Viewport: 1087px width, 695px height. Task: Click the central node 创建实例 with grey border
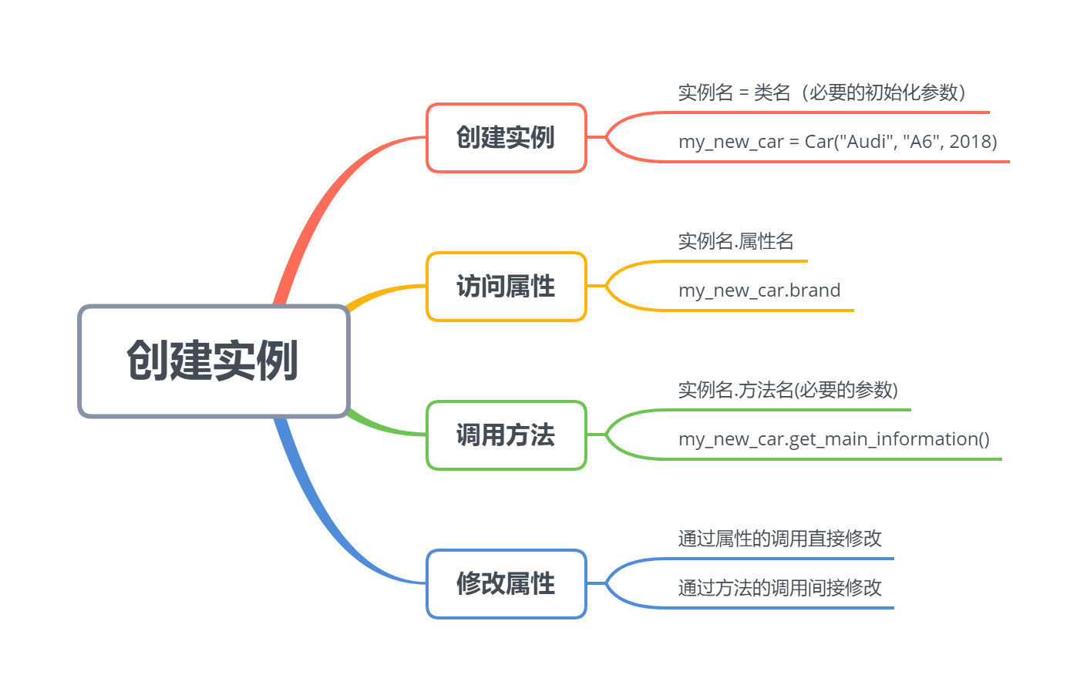214,361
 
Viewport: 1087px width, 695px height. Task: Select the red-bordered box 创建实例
506,138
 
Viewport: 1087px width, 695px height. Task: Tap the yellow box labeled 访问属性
506,287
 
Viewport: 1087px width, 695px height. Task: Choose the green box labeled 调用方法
506,435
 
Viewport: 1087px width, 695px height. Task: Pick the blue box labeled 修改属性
506,584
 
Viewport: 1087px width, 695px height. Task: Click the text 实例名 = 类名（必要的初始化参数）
822,93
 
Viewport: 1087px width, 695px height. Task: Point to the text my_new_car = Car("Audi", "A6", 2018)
837,142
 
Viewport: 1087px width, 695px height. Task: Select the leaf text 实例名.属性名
735,242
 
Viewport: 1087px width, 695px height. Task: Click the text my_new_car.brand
759,290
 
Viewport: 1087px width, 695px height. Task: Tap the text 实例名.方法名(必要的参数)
787,391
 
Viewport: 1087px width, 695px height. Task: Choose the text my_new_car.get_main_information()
833,439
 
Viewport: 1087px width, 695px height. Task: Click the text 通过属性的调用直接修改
779,539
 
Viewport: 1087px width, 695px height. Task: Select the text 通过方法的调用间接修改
779,588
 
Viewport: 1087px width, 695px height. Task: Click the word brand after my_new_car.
815,290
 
